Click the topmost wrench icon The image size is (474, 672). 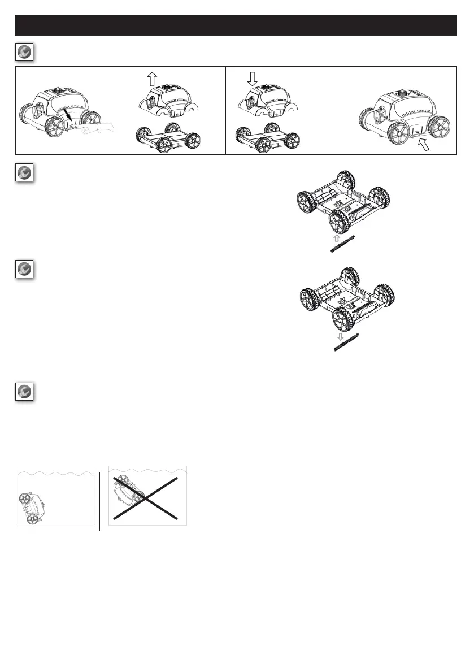point(24,52)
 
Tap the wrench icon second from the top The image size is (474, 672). point(24,173)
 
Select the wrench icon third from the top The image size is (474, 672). point(24,270)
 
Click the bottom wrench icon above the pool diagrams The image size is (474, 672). point(24,392)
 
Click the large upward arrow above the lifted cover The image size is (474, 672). point(151,79)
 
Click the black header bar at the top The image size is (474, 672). point(236,25)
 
